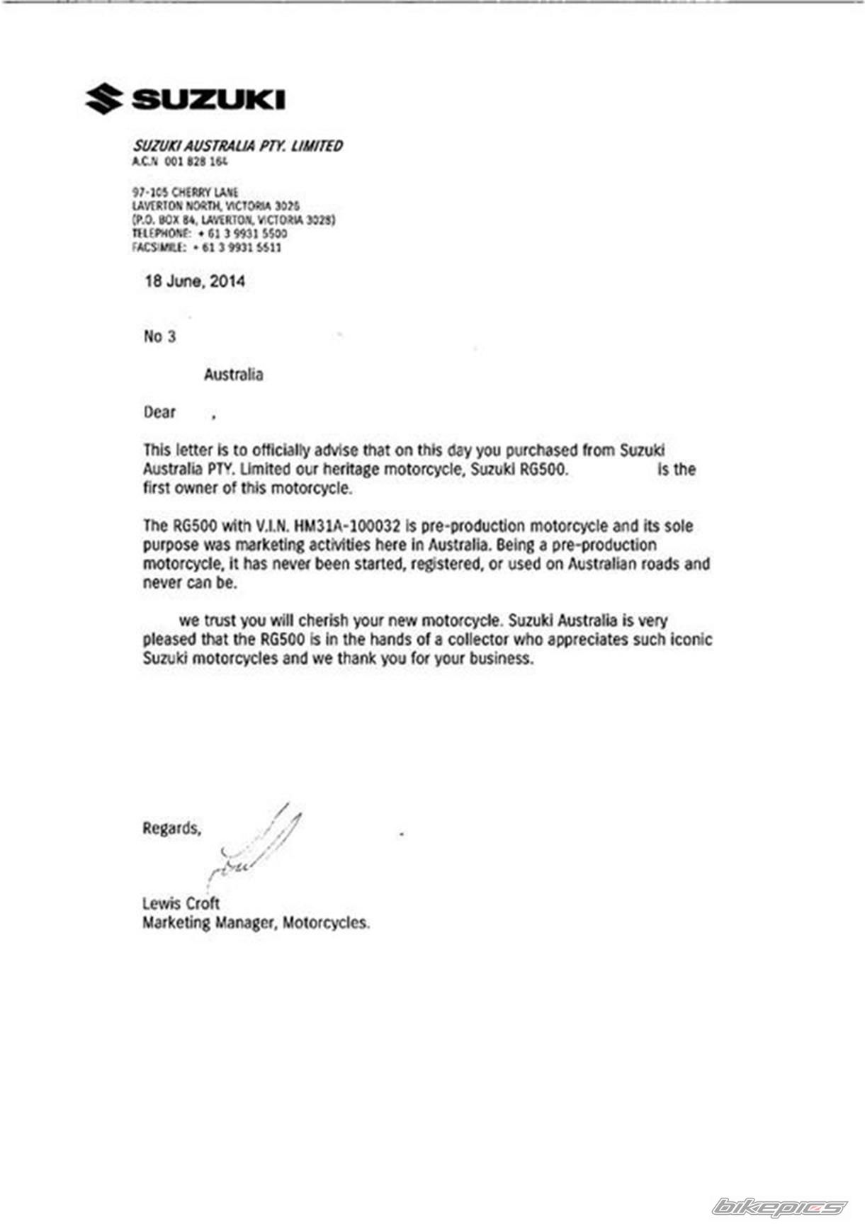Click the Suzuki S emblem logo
point(103,98)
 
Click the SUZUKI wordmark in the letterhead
point(208,99)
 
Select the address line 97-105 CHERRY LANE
point(186,192)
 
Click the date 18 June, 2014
point(195,281)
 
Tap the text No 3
point(159,336)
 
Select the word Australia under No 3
point(233,375)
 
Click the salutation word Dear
point(159,412)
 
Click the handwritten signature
point(255,846)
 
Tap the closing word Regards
point(171,828)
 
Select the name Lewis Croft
point(181,904)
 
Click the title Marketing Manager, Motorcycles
point(256,923)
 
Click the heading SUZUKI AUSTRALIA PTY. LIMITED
point(237,146)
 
